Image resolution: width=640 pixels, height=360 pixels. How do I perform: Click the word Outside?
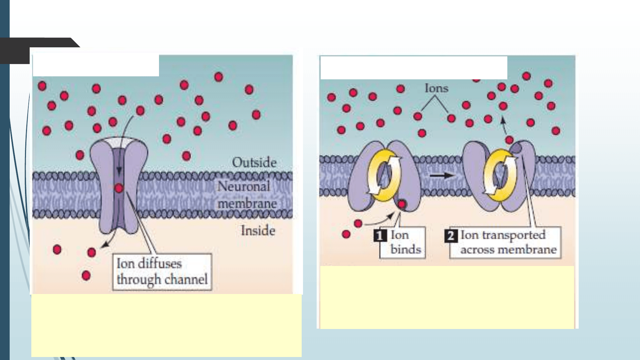[x=254, y=163]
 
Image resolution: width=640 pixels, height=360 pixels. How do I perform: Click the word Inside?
[x=258, y=231]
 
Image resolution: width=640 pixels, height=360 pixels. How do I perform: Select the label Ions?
[x=436, y=89]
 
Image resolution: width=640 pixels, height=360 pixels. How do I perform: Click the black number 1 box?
[x=380, y=236]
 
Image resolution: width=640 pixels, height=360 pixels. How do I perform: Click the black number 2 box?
[x=451, y=236]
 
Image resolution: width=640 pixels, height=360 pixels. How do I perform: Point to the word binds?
[x=406, y=250]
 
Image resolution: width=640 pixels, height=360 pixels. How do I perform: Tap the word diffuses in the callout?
[x=160, y=264]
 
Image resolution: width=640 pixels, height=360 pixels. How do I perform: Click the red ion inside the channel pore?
[x=119, y=188]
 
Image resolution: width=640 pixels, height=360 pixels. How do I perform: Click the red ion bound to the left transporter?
[x=402, y=204]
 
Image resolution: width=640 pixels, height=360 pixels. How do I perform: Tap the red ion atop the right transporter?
[x=509, y=140]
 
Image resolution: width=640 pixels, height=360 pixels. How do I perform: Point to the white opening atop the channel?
[x=119, y=143]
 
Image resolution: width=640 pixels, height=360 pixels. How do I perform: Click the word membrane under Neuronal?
[x=247, y=204]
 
